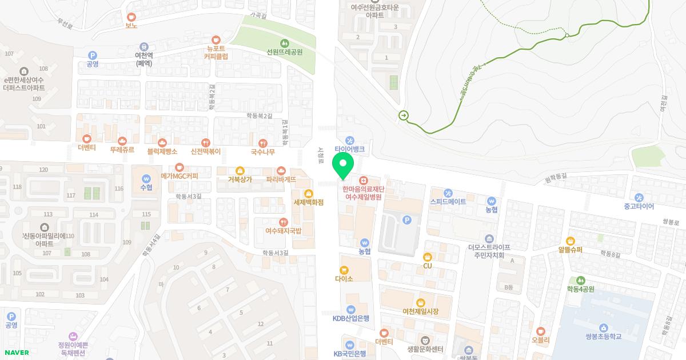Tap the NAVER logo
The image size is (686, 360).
point(16,353)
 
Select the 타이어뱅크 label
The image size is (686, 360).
point(349,149)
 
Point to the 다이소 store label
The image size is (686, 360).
point(344,279)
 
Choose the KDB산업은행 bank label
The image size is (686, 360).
point(351,318)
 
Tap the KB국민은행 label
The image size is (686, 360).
point(349,354)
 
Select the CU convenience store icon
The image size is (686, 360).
point(427,257)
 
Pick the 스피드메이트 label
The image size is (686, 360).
point(448,202)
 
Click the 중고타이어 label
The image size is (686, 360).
point(639,206)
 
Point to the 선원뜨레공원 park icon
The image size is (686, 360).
point(285,43)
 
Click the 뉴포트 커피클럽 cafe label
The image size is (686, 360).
point(216,52)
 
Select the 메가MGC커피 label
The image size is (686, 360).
point(180,176)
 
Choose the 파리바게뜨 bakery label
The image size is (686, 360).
point(281,179)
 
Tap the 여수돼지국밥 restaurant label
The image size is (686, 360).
point(283,231)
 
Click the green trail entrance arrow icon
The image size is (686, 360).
point(404,115)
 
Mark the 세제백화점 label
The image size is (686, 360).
point(309,202)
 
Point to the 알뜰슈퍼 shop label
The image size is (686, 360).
point(570,249)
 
